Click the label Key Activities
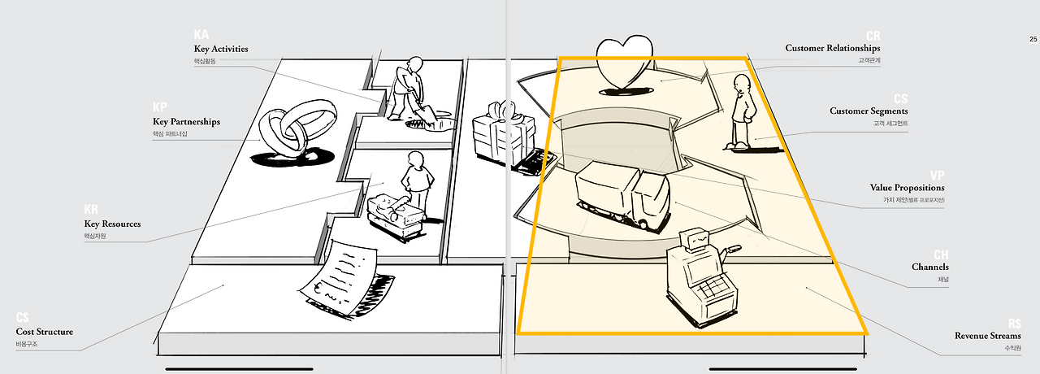[221, 49]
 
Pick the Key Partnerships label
[186, 122]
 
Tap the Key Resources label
[112, 224]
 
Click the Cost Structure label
[45, 332]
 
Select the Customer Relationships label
[832, 48]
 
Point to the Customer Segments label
[869, 111]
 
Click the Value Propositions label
[907, 188]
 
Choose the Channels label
[929, 267]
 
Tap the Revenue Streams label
[987, 336]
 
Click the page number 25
[1033, 39]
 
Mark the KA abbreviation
[201, 35]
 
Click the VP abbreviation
[937, 175]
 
